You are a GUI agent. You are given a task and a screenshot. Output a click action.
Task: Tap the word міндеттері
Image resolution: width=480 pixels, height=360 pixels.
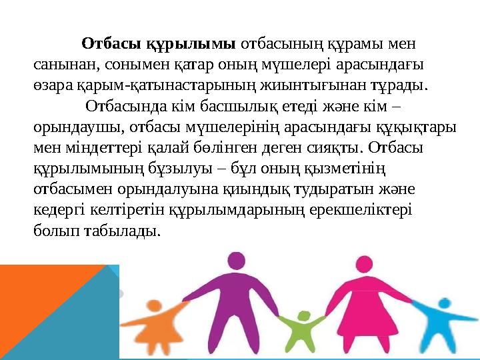coord(92,147)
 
